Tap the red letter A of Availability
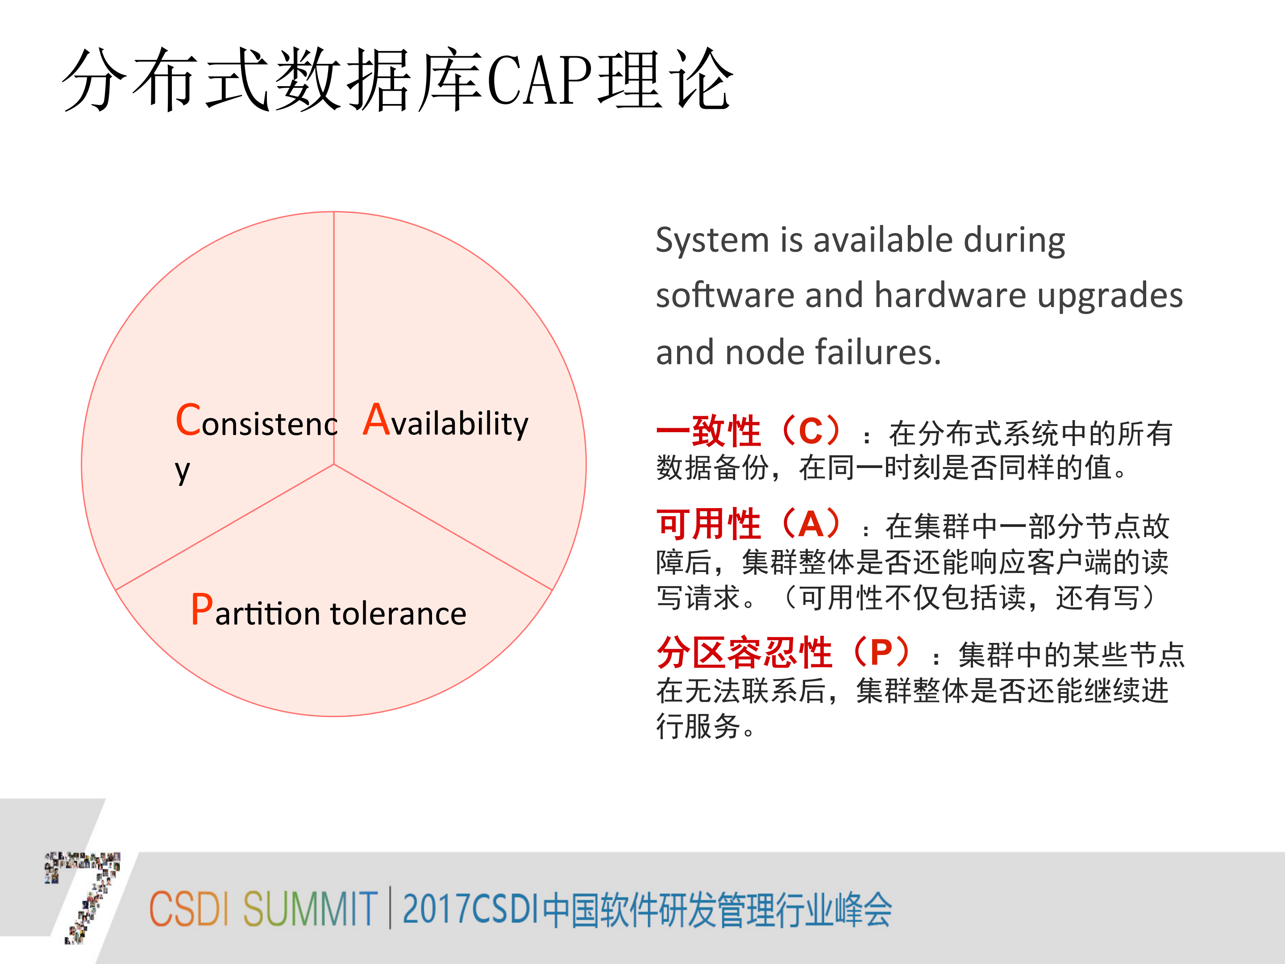point(376,420)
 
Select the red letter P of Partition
point(202,610)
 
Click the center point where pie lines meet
point(334,464)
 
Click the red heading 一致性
point(709,432)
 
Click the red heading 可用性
point(709,524)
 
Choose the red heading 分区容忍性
point(745,652)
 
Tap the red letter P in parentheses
point(881,652)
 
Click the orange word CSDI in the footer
point(188,909)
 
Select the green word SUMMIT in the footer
point(310,909)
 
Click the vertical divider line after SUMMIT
point(389,908)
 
